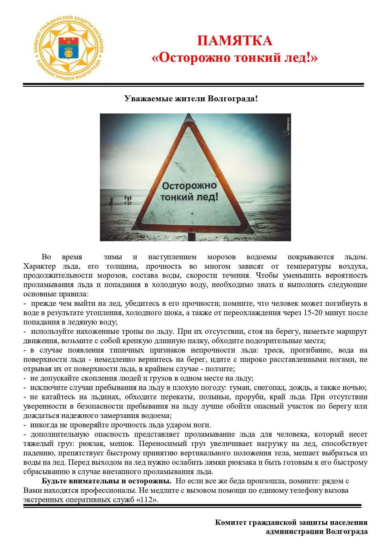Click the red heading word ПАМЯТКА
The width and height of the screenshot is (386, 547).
(235, 41)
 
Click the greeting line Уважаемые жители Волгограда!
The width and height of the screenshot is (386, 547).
(191, 99)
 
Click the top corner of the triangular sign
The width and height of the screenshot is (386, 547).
(189, 119)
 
